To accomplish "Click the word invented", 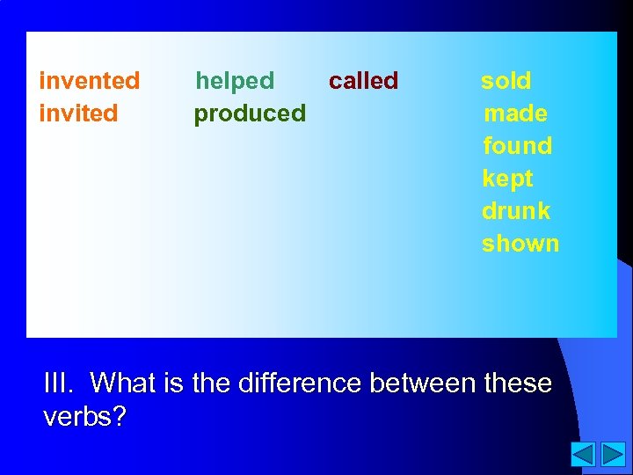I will click(x=90, y=81).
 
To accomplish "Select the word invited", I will click(x=79, y=113).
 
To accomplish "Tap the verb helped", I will click(x=235, y=81).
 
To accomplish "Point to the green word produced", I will click(x=250, y=113).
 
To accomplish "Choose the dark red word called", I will click(x=363, y=81).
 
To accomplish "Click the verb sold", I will click(x=506, y=81).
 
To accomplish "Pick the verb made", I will click(x=515, y=113).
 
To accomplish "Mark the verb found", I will click(x=517, y=146).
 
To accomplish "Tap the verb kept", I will click(x=507, y=179).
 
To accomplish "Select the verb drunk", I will click(x=516, y=211).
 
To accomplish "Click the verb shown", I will click(x=520, y=244).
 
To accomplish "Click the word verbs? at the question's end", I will click(x=84, y=416).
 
